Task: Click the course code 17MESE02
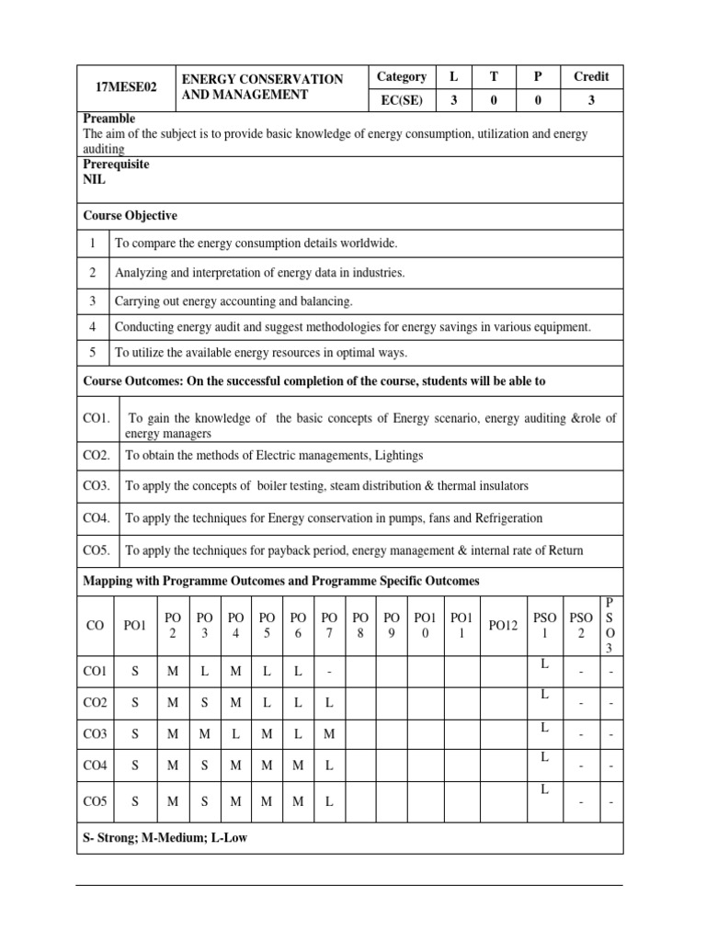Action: click(x=126, y=87)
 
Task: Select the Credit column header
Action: click(x=591, y=76)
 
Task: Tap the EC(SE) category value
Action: click(x=401, y=101)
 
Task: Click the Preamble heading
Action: click(x=108, y=119)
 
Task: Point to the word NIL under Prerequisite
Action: click(x=94, y=180)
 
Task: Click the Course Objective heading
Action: click(x=130, y=215)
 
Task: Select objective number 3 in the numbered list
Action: click(x=93, y=300)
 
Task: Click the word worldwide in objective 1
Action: click(x=368, y=243)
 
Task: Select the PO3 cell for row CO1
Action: click(x=204, y=672)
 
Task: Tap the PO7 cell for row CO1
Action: click(x=328, y=672)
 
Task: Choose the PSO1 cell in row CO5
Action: click(x=544, y=789)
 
